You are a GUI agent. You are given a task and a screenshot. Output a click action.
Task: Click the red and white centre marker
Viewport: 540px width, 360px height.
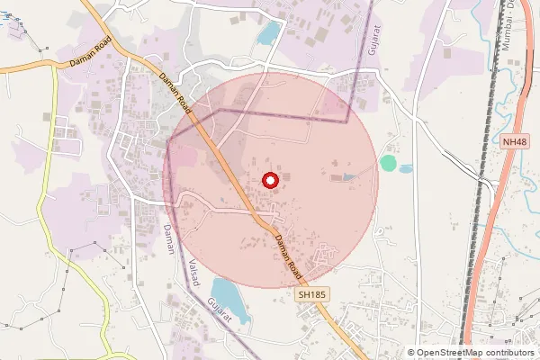pyautogui.click(x=269, y=180)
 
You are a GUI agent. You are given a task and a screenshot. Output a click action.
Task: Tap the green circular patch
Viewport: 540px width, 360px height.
pyautogui.click(x=388, y=163)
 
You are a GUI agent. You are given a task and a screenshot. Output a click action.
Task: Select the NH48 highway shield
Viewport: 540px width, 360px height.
pyautogui.click(x=514, y=142)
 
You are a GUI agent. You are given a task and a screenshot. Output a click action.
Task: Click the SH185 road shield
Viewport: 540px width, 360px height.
pyautogui.click(x=311, y=293)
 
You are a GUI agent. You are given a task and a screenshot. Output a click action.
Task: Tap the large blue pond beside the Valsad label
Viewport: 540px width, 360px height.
pyautogui.click(x=226, y=294)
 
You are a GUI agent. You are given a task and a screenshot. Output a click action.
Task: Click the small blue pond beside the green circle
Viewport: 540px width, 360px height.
pyautogui.click(x=406, y=168)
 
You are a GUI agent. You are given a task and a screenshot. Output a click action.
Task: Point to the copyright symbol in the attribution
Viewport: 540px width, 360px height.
pyautogui.click(x=411, y=353)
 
